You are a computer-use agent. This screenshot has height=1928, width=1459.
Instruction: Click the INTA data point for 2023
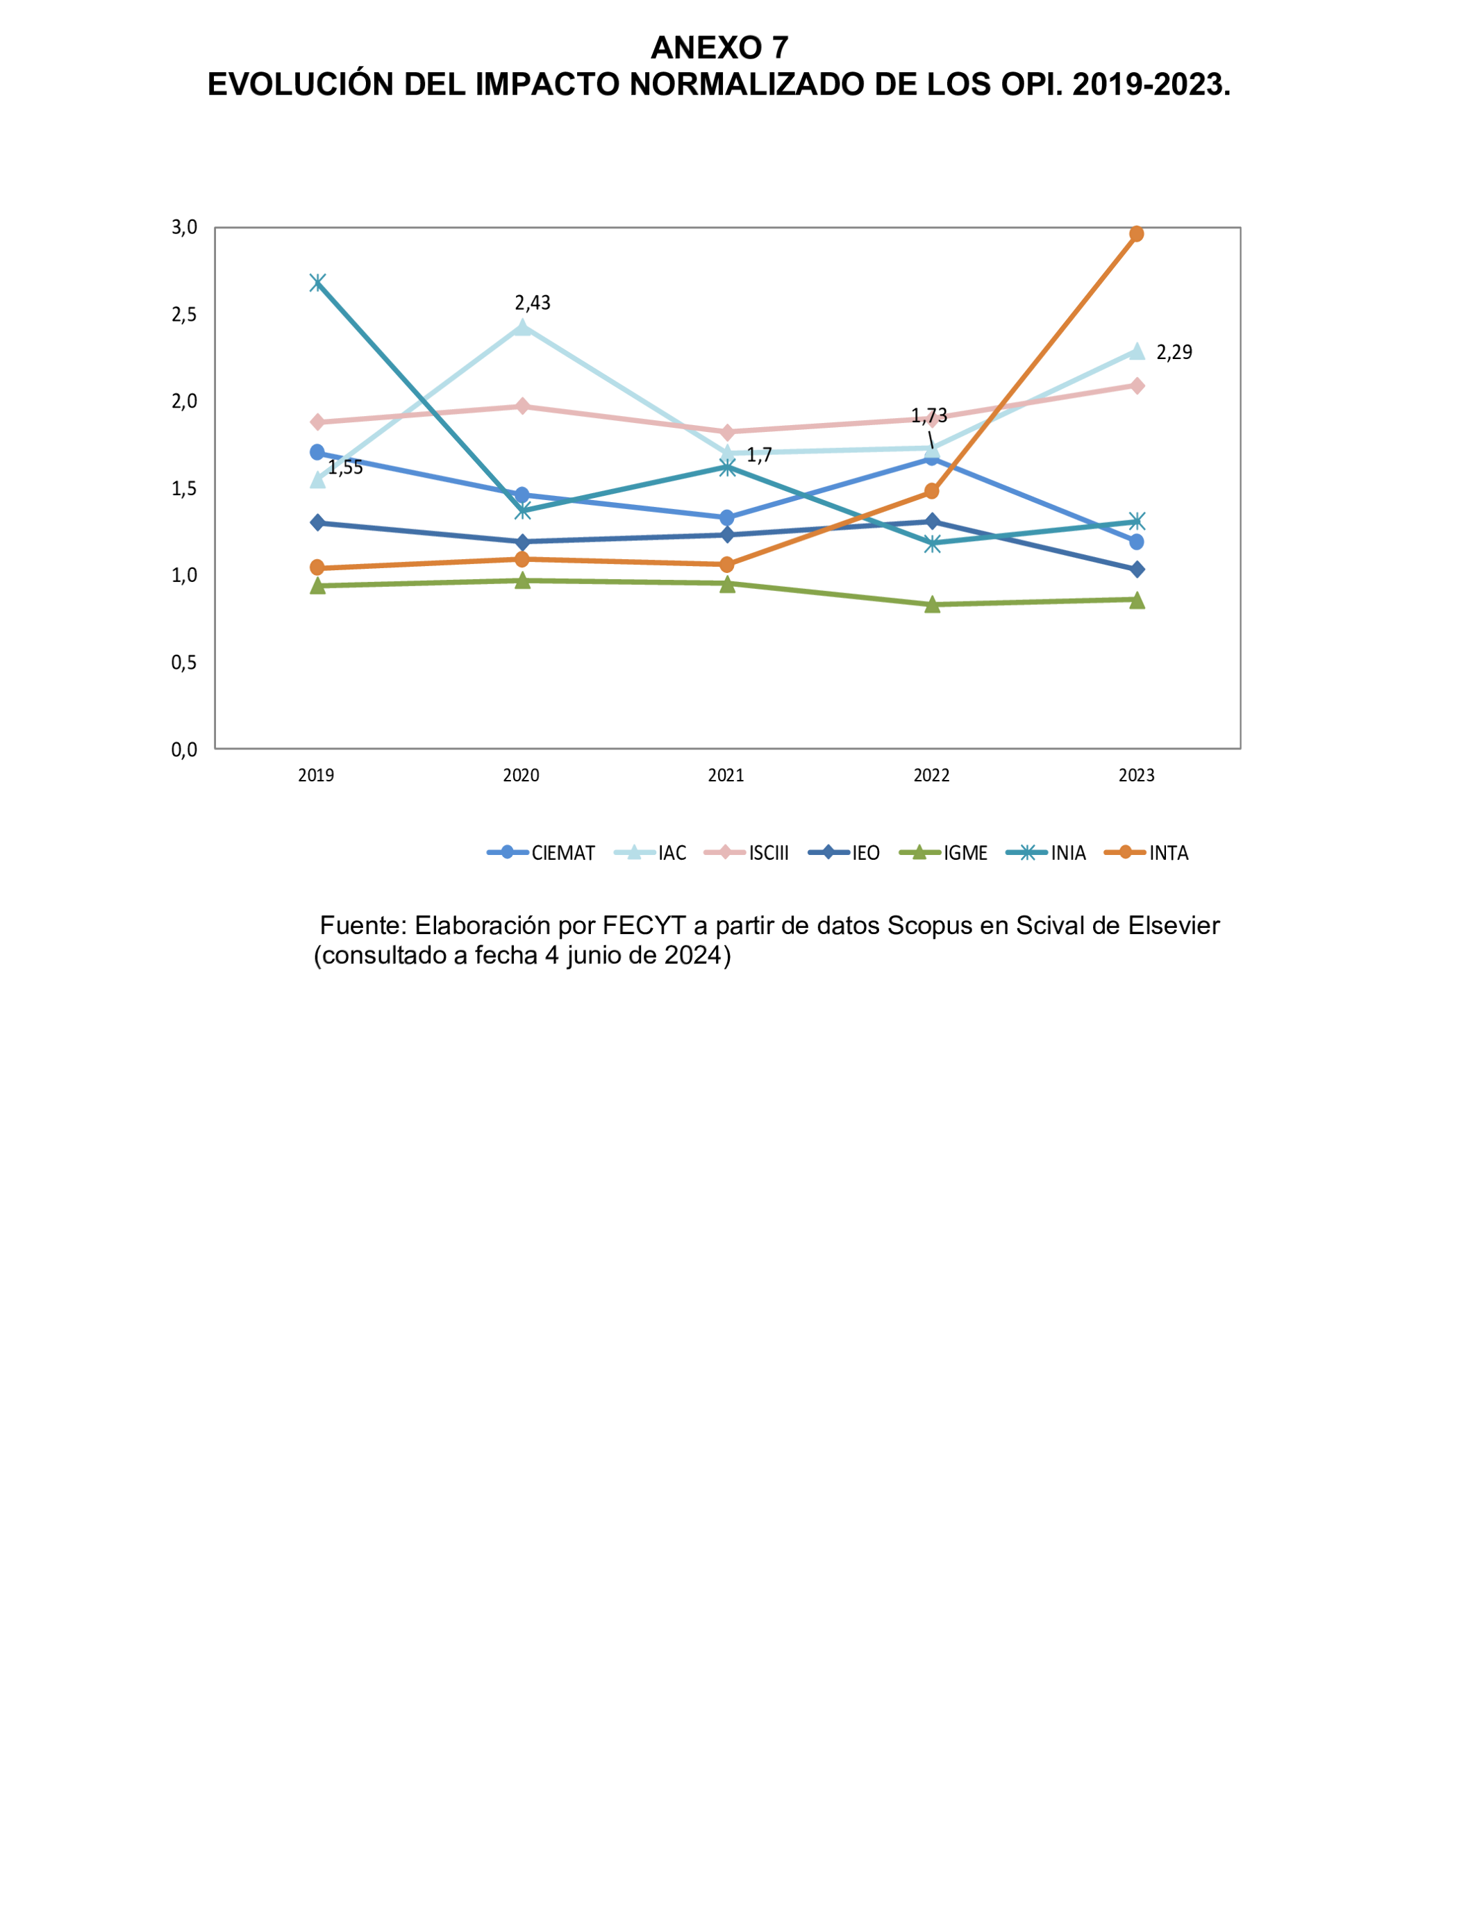(x=1137, y=235)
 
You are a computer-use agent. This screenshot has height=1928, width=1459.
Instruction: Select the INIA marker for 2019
(x=317, y=283)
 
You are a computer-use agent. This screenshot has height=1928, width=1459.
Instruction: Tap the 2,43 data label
(x=533, y=302)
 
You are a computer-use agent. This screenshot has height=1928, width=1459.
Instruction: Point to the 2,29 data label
(x=1174, y=352)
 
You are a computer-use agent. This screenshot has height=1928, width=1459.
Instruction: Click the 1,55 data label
(x=346, y=468)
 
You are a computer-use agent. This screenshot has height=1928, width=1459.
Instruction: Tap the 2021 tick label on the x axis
(x=726, y=775)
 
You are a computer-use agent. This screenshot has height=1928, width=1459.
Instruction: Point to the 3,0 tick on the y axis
(x=184, y=228)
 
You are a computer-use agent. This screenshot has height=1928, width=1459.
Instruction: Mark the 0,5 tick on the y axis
(x=184, y=663)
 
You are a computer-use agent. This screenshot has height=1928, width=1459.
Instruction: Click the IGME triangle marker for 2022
(x=932, y=604)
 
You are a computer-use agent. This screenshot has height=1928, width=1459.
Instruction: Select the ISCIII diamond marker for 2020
(x=522, y=406)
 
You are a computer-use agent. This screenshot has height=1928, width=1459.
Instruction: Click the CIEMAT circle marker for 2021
(x=727, y=517)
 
